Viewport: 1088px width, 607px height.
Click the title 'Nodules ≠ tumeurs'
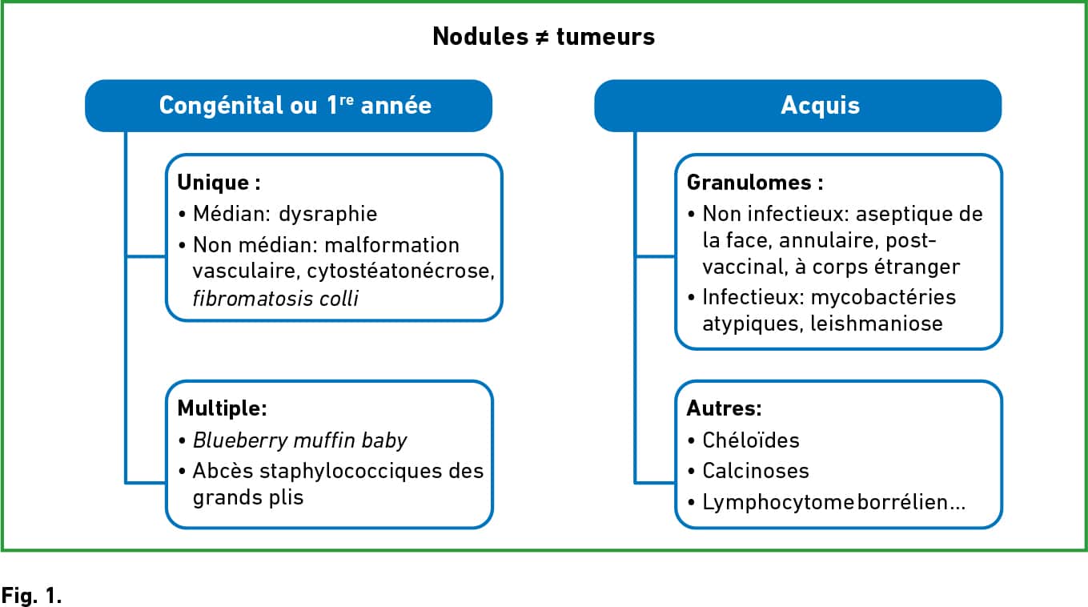[x=544, y=37]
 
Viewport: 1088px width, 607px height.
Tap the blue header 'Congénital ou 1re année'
[x=288, y=106]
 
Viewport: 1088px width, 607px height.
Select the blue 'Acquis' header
[x=798, y=106]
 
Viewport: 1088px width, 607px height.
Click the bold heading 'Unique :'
[x=219, y=183]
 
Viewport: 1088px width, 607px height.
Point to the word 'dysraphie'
[x=328, y=214]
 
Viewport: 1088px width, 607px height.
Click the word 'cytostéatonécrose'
[x=399, y=271]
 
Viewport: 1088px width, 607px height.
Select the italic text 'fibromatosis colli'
[x=275, y=299]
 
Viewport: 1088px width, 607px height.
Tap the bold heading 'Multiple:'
[x=223, y=408]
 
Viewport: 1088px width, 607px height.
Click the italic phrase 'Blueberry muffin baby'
[x=299, y=440]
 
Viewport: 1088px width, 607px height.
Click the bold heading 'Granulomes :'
[x=755, y=183]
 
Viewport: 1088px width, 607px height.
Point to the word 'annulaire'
[x=829, y=240]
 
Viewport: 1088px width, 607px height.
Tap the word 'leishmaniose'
[x=877, y=324]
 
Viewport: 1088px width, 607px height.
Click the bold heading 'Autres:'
[x=725, y=408]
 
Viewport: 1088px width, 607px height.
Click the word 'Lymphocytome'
[x=778, y=503]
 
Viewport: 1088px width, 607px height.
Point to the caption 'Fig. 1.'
[x=31, y=595]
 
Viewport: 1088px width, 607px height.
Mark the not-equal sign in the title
[x=543, y=38]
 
